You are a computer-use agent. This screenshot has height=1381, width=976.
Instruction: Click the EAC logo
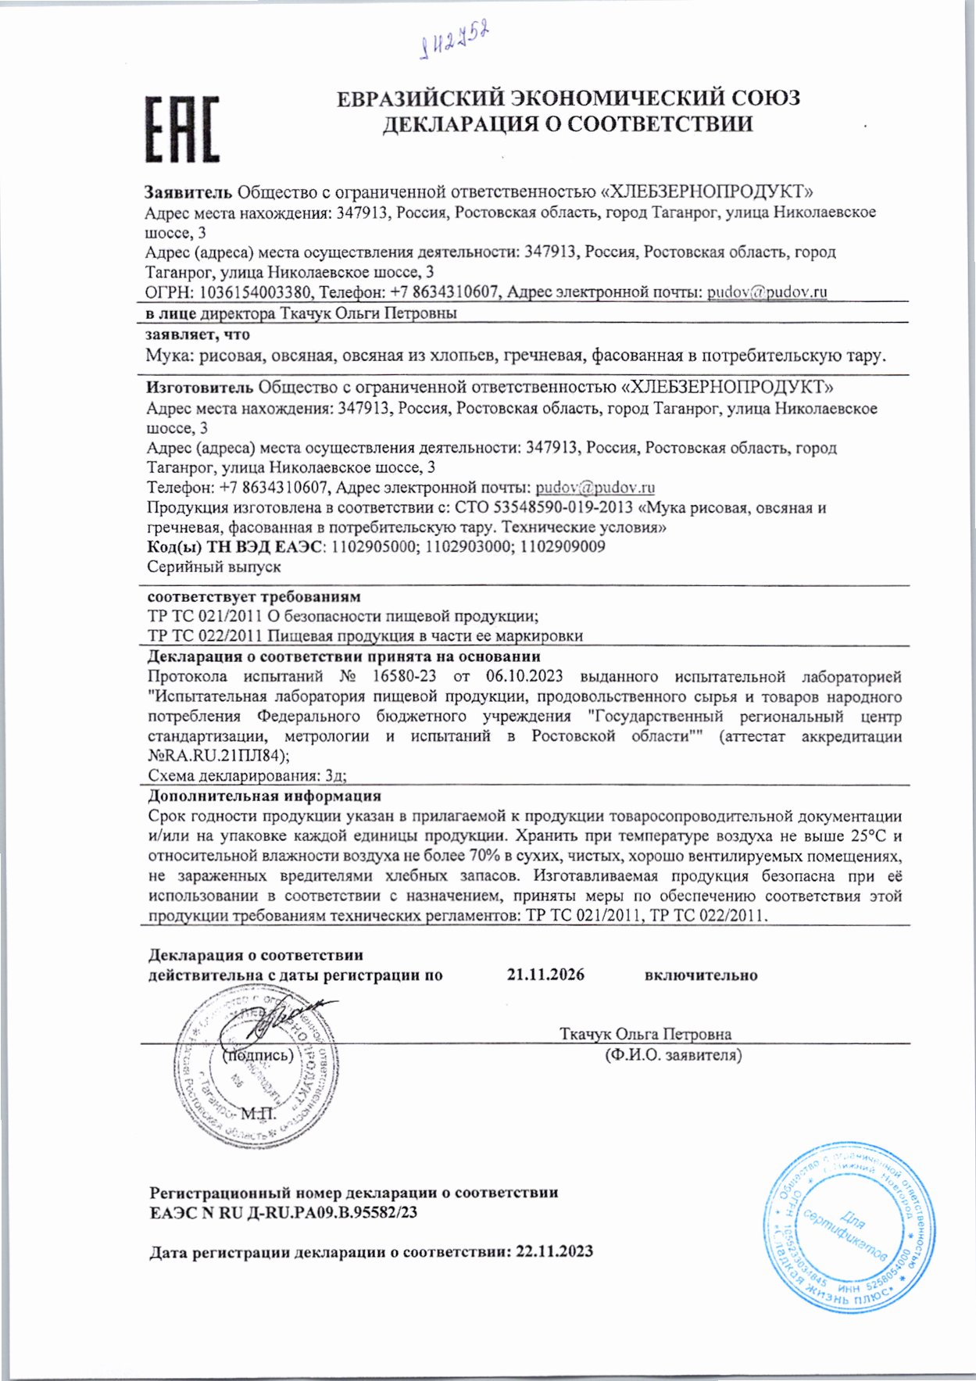[x=182, y=130]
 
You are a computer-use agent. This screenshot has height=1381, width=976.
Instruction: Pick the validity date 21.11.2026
[x=545, y=975]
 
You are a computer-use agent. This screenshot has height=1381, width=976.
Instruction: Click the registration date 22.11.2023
[x=554, y=1251]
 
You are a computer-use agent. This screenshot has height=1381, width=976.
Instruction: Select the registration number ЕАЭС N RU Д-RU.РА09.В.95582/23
[x=283, y=1212]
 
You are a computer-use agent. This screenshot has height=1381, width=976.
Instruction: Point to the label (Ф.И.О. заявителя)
[x=673, y=1055]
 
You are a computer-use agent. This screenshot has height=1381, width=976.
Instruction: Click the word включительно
[x=700, y=975]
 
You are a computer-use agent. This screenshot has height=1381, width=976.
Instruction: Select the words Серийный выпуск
[x=213, y=567]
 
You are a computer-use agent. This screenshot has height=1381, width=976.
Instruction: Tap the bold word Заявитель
[x=188, y=192]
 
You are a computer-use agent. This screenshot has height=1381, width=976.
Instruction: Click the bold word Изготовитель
[x=199, y=387]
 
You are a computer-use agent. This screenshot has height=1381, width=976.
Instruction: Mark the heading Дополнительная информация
[x=264, y=796]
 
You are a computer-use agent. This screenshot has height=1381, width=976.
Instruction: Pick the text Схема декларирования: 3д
[x=247, y=776]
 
